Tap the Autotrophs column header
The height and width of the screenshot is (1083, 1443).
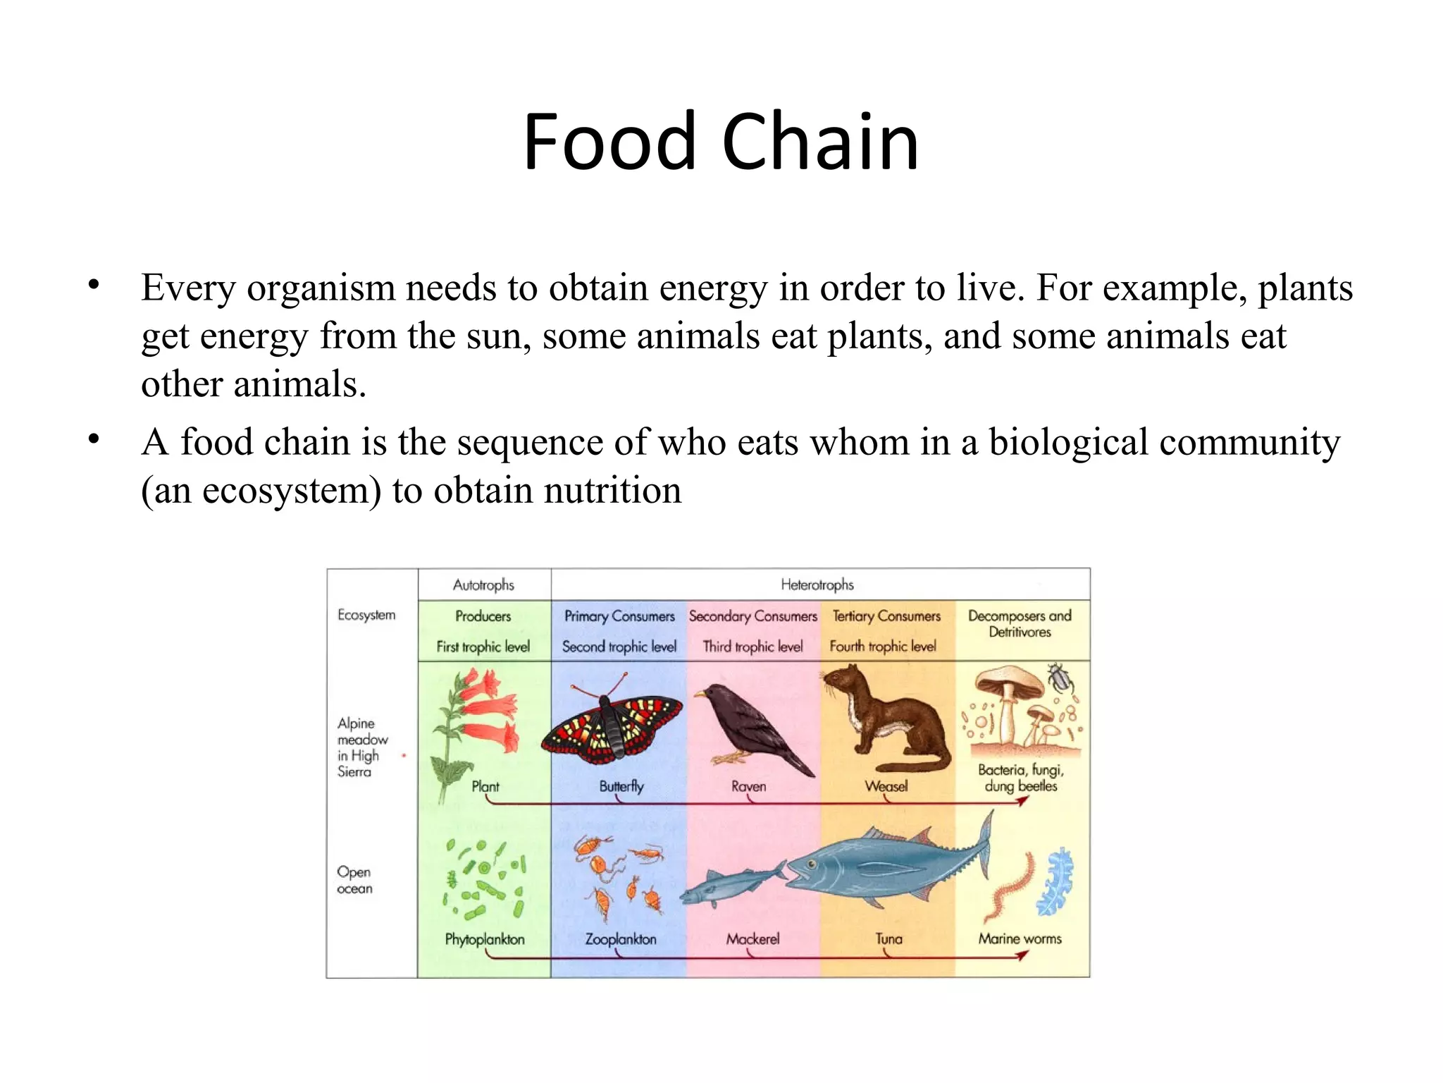click(x=483, y=585)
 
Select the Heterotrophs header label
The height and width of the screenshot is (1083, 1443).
click(x=817, y=585)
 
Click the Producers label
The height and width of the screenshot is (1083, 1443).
click(x=483, y=616)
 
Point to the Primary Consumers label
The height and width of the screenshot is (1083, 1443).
click(x=619, y=616)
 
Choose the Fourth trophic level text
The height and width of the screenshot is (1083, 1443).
click(x=882, y=646)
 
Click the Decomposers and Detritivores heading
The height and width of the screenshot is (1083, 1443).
click(x=1020, y=623)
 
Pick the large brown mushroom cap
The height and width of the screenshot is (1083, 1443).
click(x=1008, y=681)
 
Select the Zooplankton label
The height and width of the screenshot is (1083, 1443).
click(x=621, y=939)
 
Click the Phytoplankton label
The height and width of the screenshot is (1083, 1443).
click(x=485, y=939)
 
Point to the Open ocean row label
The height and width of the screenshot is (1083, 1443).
click(x=354, y=880)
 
